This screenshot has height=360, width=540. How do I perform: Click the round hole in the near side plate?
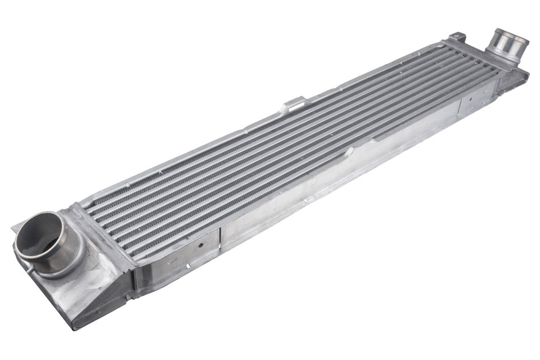pyautogui.click(x=201, y=246)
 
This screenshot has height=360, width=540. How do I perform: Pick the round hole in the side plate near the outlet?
pyautogui.click(x=471, y=102)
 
